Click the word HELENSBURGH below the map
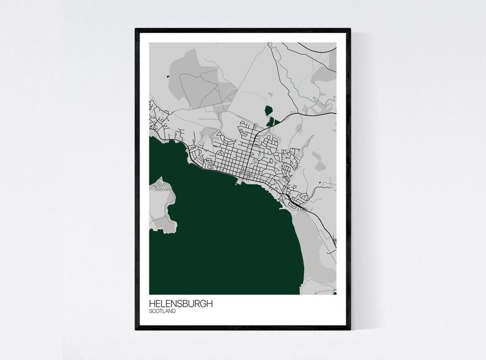pos(181,304)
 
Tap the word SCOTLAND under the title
pos(162,312)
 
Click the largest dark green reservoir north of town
pos(267,111)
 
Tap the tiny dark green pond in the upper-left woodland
pos(167,77)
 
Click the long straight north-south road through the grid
pos(250,153)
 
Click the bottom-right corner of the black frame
pos(350,328)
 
